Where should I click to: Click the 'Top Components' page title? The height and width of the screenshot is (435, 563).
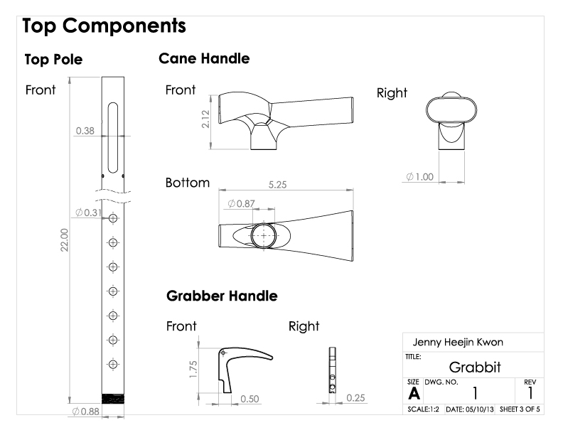tap(104, 26)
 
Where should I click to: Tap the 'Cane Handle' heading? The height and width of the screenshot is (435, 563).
tap(204, 59)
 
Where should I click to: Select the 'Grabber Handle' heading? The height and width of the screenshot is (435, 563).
tap(222, 296)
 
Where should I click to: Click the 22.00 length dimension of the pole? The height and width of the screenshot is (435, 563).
tap(65, 244)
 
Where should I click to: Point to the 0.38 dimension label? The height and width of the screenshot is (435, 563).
tap(85, 131)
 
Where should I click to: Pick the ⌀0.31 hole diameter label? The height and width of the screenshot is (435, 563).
tap(87, 213)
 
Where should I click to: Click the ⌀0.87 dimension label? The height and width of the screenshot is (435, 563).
tap(242, 204)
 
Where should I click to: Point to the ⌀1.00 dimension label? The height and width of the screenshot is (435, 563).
tap(420, 176)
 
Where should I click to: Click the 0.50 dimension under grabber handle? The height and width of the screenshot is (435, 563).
tap(249, 399)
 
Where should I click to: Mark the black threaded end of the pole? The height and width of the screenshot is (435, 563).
tap(113, 399)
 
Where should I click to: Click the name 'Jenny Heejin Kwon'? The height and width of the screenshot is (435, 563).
tap(458, 343)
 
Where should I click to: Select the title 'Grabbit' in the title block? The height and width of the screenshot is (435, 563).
tap(475, 367)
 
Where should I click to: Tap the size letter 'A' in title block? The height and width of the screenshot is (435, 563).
tap(412, 393)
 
